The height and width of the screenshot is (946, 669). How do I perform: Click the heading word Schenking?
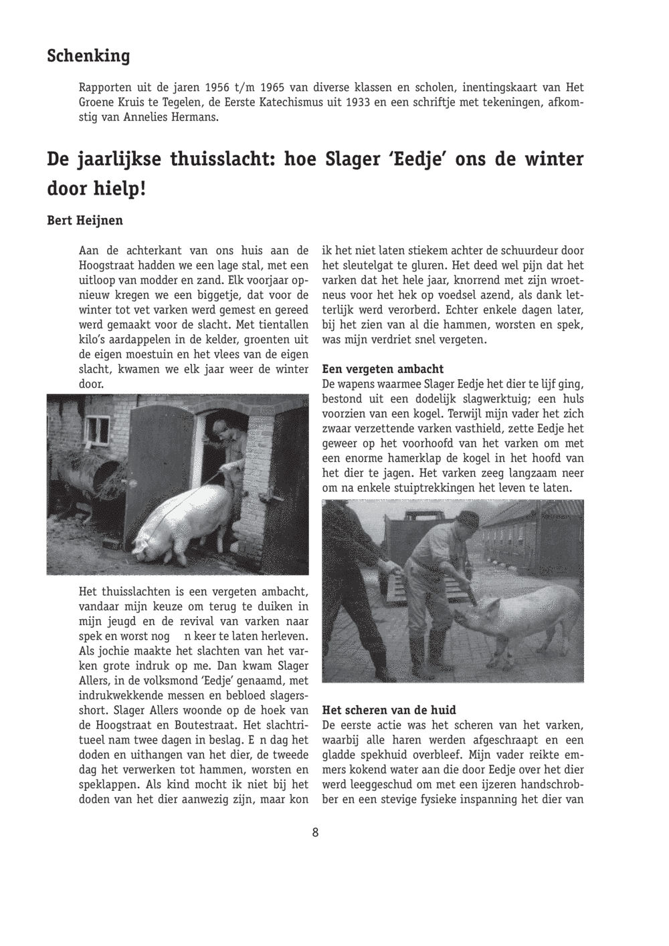click(88, 56)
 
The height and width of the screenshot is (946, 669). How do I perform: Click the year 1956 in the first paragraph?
click(218, 88)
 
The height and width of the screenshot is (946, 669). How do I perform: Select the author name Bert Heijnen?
click(85, 220)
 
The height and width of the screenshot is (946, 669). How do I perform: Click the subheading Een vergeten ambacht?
click(383, 369)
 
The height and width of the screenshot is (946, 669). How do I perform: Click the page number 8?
click(314, 832)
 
